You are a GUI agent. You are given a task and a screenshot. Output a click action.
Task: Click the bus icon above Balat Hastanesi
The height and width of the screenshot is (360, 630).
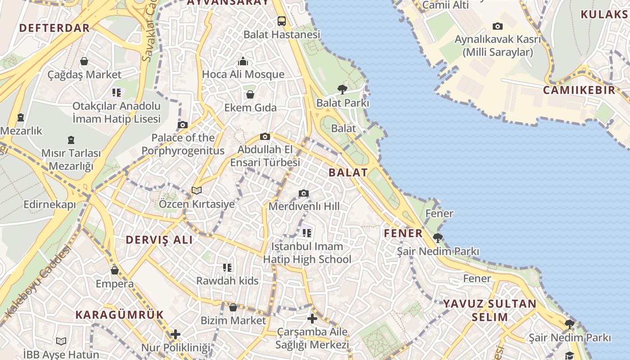click(x=282, y=21)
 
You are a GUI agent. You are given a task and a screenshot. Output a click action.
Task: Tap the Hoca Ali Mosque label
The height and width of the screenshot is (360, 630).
click(x=243, y=74)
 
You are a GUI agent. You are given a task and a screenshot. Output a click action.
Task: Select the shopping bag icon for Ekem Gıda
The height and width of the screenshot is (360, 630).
click(x=250, y=94)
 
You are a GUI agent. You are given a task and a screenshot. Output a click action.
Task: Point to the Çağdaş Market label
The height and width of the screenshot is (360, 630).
click(x=85, y=75)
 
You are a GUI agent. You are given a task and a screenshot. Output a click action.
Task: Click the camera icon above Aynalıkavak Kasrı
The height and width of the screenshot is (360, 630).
click(x=497, y=26)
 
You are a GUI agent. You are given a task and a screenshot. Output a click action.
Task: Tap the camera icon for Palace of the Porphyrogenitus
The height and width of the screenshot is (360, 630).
click(x=183, y=125)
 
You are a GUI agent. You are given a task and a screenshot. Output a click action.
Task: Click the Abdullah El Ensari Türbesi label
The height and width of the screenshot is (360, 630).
click(x=265, y=156)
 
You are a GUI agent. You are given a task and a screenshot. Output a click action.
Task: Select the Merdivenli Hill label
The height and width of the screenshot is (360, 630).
click(x=304, y=207)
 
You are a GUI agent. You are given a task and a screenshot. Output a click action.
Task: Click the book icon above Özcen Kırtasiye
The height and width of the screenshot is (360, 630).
click(x=197, y=190)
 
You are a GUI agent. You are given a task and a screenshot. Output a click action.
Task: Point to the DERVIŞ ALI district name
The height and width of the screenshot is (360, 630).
click(x=159, y=240)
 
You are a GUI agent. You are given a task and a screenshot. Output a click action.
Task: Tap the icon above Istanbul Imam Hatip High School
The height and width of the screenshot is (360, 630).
click(x=307, y=233)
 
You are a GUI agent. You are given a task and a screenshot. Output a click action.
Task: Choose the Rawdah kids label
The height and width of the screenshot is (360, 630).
click(x=227, y=281)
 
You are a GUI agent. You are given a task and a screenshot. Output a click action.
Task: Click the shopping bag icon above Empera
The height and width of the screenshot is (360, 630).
click(x=115, y=270)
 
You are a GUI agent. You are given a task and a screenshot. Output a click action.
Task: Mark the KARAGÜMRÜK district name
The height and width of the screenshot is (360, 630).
click(x=119, y=315)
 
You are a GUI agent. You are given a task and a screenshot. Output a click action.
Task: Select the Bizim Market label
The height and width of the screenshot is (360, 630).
click(x=234, y=321)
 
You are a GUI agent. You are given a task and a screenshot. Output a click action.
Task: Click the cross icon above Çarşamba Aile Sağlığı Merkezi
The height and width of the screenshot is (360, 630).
click(x=312, y=319)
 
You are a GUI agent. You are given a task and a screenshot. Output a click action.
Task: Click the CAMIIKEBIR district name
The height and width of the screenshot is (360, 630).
click(x=579, y=90)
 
